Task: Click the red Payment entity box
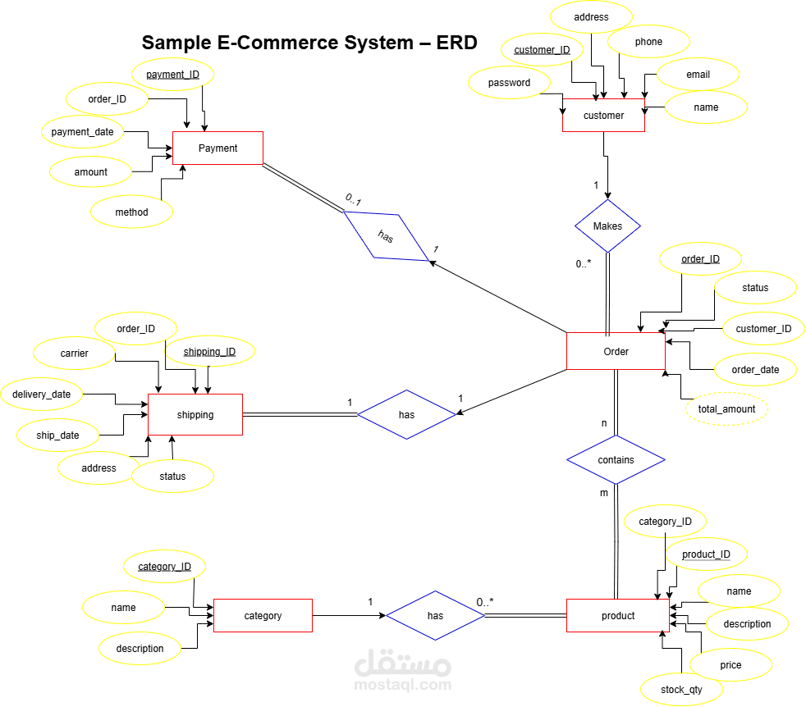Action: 218,148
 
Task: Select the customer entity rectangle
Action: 603,116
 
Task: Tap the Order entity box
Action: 616,351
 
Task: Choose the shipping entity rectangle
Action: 195,414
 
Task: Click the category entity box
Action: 263,615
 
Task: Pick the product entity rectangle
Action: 617,615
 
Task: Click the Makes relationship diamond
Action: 607,226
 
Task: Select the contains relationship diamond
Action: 616,459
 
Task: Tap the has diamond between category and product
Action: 435,615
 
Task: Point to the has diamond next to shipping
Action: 406,414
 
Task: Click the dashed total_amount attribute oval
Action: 726,408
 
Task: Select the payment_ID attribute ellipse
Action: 172,75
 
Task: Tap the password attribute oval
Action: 509,82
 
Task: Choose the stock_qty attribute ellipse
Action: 681,689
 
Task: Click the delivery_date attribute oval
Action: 41,394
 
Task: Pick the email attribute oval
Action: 698,74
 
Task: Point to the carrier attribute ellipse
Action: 74,353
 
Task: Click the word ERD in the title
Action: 456,43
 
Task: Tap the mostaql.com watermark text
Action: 402,684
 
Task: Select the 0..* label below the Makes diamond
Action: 584,263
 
